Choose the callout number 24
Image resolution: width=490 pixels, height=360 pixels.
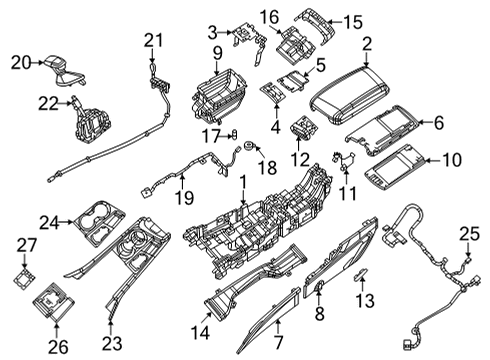[50, 220]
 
